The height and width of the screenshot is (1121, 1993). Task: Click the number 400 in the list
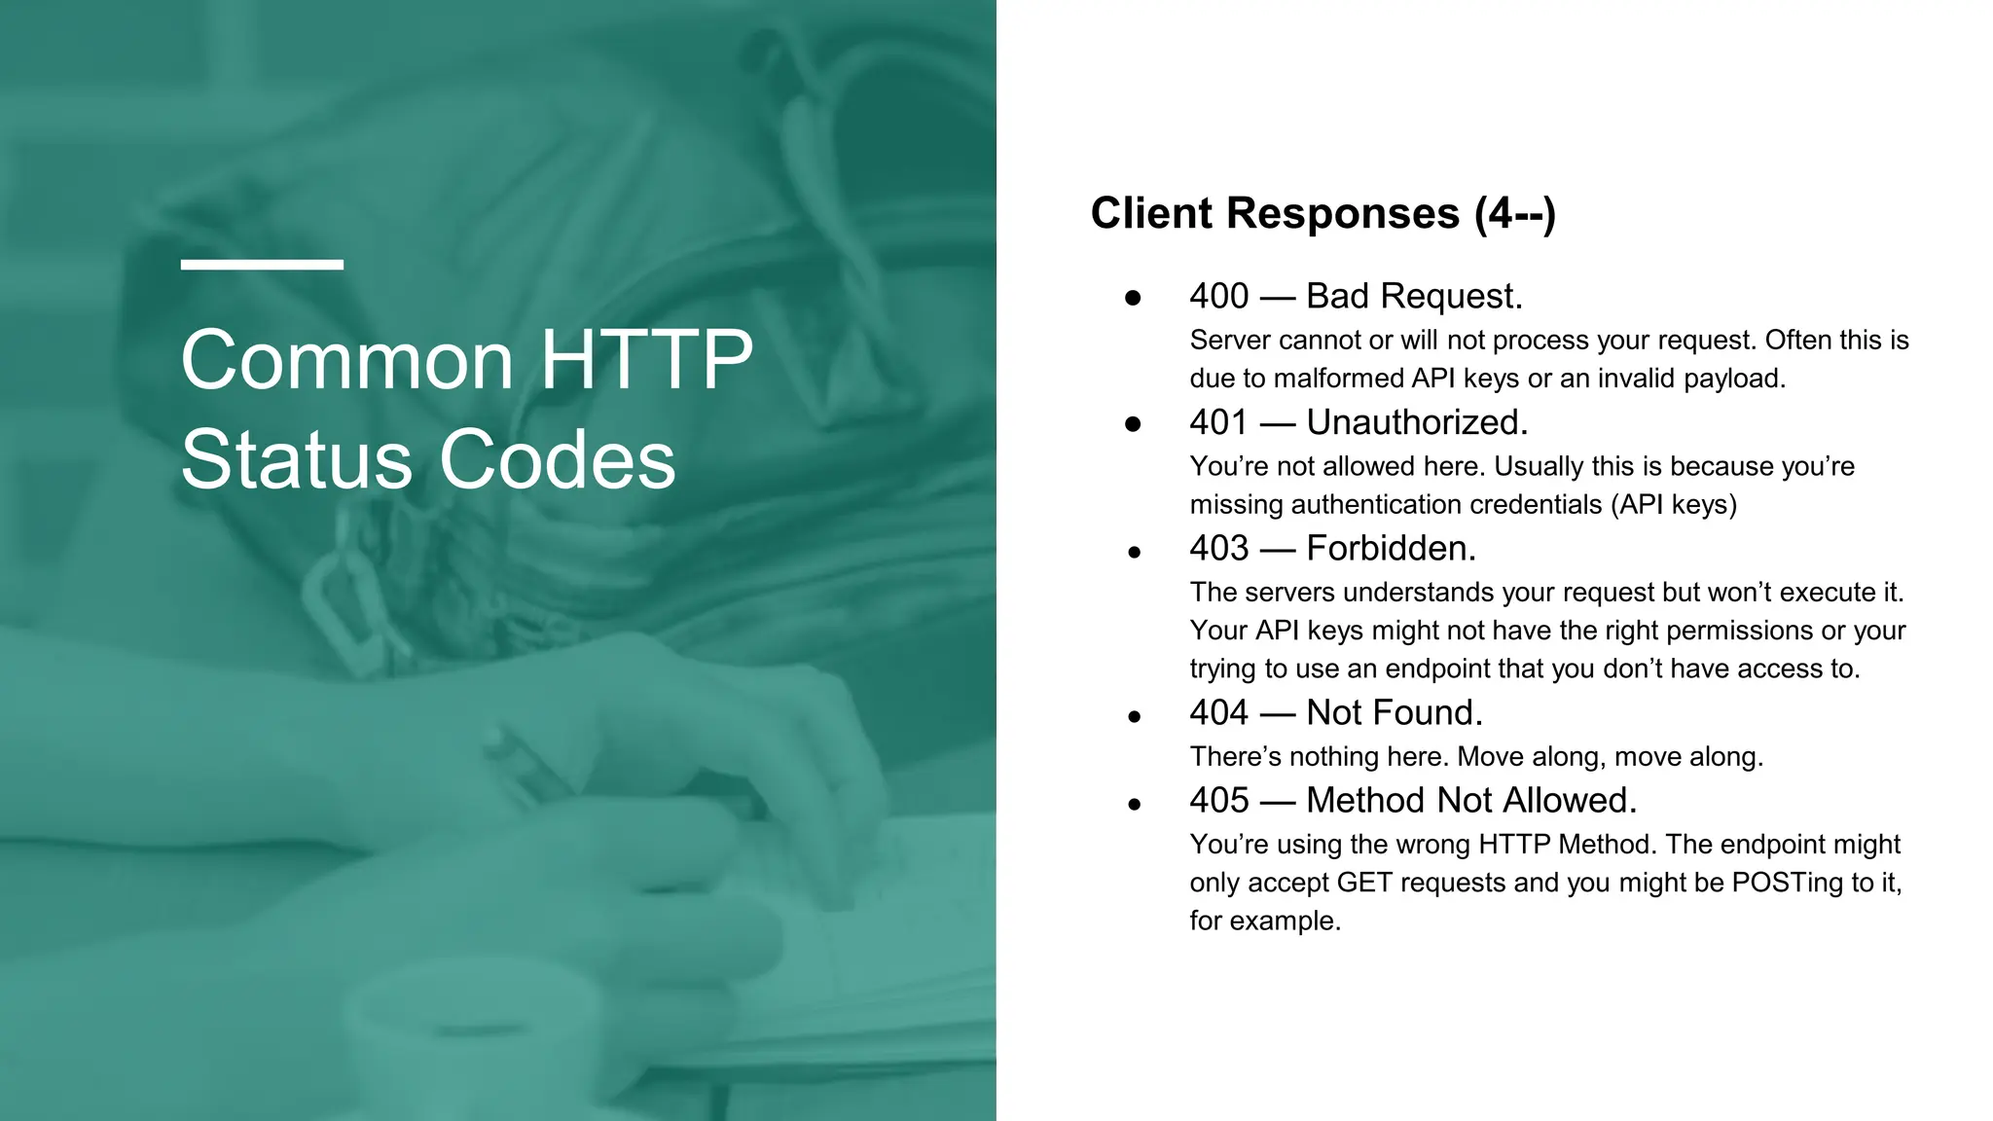1218,296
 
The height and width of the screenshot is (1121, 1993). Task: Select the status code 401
1217,422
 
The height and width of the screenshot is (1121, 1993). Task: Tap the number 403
1218,548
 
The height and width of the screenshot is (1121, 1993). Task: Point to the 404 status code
1218,712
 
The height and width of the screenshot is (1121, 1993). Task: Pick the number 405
1218,800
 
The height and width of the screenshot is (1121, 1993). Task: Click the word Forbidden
1391,548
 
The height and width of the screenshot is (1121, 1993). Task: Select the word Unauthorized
1417,422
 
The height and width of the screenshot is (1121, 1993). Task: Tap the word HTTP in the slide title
646,360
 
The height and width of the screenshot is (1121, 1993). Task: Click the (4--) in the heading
1515,213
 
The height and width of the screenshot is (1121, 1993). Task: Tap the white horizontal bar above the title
262,265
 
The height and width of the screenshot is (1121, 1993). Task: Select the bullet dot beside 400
1133,298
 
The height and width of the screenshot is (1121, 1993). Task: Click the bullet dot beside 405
1134,805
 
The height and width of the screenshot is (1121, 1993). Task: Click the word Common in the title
347,360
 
